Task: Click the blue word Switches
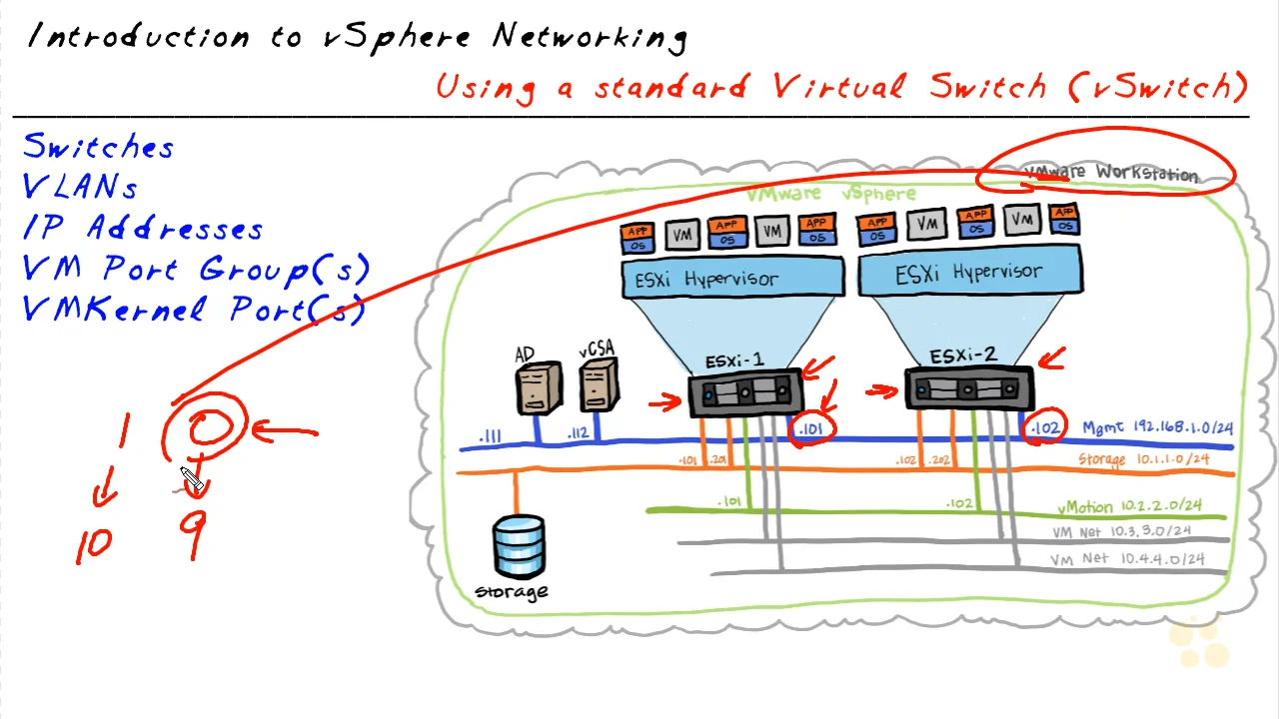(x=98, y=147)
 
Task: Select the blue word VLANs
(x=80, y=188)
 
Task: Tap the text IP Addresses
(x=143, y=229)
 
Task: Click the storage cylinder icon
(x=519, y=548)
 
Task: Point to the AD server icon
(x=538, y=387)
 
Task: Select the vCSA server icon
(x=598, y=385)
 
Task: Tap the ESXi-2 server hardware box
(x=967, y=389)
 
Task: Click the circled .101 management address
(x=810, y=430)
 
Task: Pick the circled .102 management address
(x=1045, y=427)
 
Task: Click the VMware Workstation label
(x=1111, y=173)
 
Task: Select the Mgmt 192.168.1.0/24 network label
(x=1157, y=428)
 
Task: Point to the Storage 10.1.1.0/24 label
(x=1143, y=459)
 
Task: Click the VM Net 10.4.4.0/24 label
(x=1127, y=559)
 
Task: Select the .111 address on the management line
(x=490, y=436)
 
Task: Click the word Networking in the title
(x=590, y=38)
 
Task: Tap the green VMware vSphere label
(x=829, y=194)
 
